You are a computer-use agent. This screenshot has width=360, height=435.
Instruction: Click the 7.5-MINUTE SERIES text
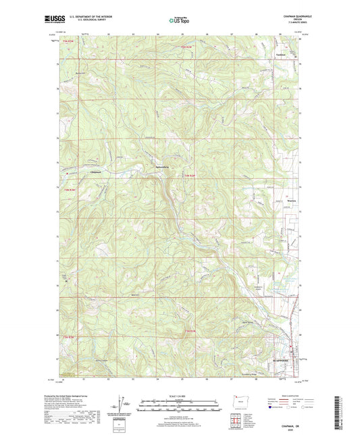pos(291,24)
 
